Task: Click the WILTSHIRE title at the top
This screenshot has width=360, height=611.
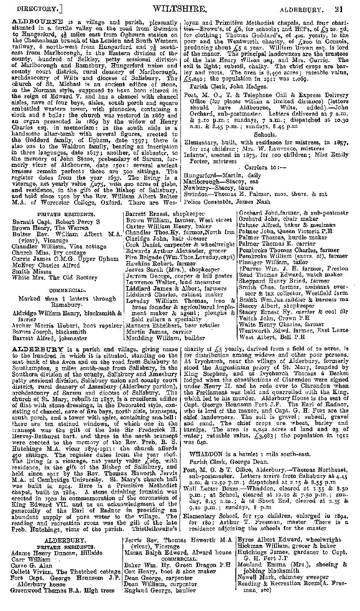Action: coord(180,8)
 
